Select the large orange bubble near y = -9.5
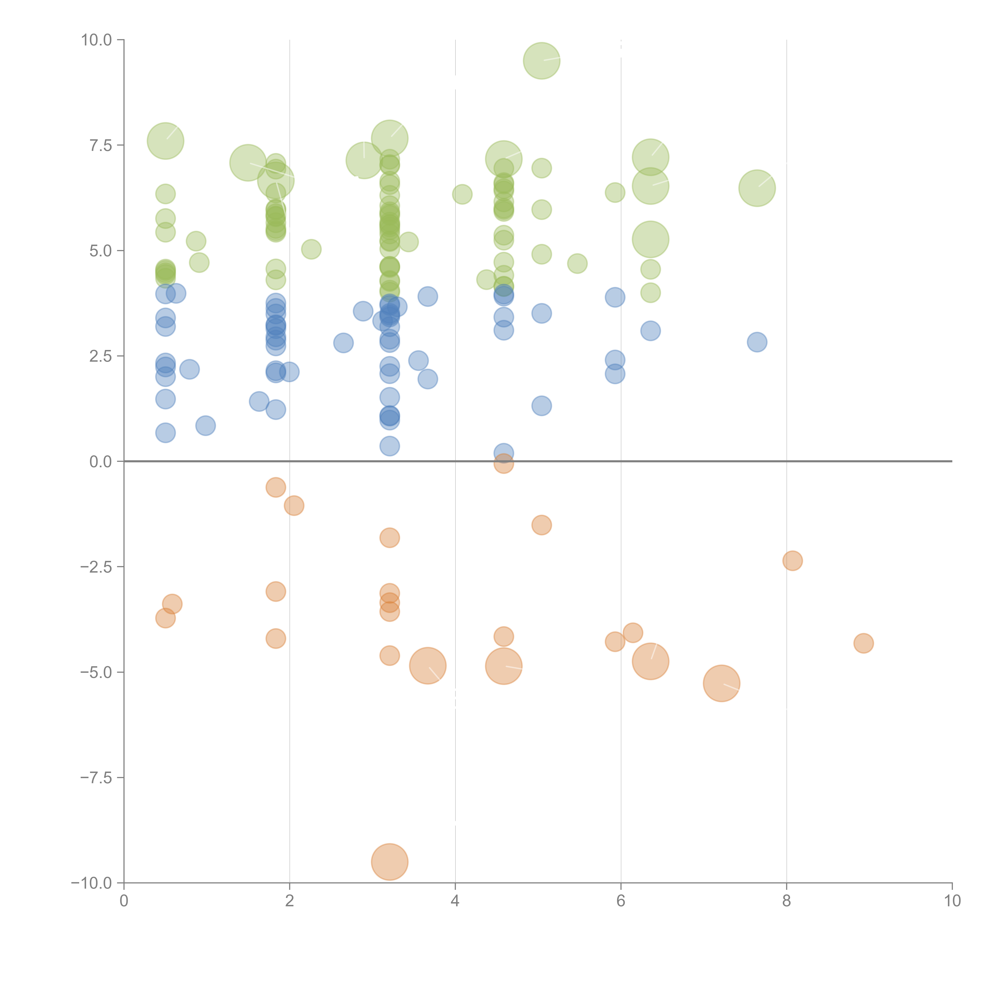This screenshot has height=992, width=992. tap(390, 862)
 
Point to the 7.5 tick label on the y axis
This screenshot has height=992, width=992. tap(101, 145)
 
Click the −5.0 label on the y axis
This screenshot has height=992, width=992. tap(96, 672)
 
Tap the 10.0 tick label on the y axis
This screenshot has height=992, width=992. tap(97, 40)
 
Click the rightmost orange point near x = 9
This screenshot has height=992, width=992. tap(864, 643)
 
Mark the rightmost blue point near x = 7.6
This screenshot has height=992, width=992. tap(757, 342)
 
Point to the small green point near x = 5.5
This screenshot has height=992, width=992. tap(577, 264)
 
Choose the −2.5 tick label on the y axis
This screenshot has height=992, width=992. tap(96, 567)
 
